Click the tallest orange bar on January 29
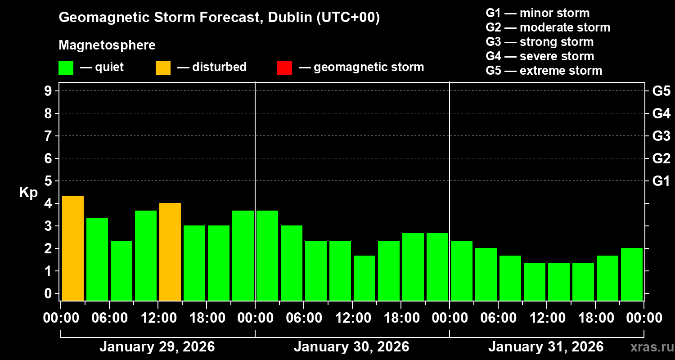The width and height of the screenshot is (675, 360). coord(72,248)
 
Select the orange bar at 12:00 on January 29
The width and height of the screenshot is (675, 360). coord(170,252)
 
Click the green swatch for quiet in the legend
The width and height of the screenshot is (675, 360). coord(66,67)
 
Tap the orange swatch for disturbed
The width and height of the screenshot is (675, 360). coord(163,67)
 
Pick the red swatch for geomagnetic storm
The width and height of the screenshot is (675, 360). coord(284,67)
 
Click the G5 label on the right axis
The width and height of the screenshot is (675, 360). coord(661,91)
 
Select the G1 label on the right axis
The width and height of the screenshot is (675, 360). coord(661,181)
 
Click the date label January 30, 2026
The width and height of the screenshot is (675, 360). coord(351,347)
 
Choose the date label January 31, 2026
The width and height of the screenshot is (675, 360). coord(546,347)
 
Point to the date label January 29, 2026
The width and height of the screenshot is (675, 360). coord(157,347)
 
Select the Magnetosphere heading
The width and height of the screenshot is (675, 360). coord(107,45)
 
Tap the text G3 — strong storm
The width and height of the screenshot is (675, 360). coord(540,42)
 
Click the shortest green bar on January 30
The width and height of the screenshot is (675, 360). coord(364,278)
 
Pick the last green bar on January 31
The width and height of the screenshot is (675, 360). coord(631,274)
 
